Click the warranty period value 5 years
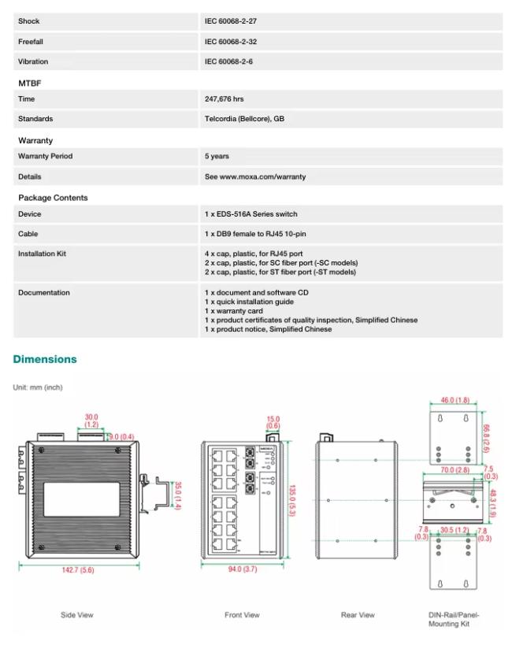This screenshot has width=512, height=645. [x=217, y=156]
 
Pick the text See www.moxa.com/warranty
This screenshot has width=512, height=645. [x=254, y=176]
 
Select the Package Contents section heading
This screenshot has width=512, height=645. [x=53, y=198]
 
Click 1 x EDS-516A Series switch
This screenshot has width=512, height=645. [x=250, y=214]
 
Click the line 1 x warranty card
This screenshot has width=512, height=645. [x=233, y=311]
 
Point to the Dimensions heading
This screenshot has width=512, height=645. [x=45, y=359]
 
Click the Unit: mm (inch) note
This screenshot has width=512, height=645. [x=38, y=387]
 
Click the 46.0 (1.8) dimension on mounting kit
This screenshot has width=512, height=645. [x=454, y=401]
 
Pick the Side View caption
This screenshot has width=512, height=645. [x=77, y=615]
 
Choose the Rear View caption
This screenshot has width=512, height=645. [x=358, y=615]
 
